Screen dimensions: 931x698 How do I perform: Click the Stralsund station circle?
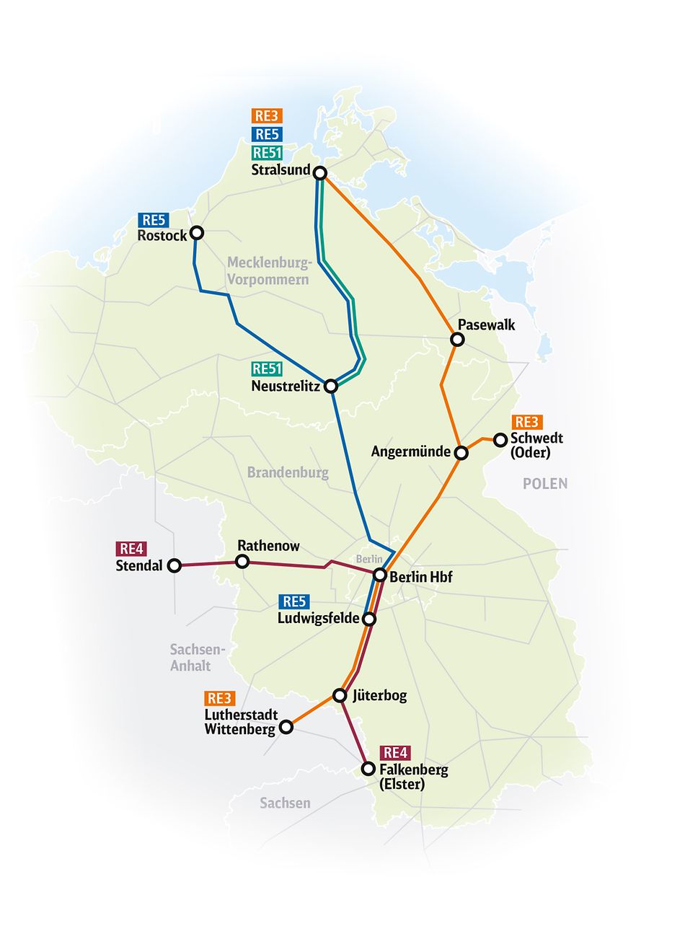point(321,173)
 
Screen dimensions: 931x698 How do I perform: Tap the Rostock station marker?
point(196,233)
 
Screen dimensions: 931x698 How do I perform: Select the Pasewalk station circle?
point(457,340)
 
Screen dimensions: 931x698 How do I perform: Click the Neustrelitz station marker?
point(331,387)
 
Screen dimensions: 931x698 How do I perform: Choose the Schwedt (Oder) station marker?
point(500,439)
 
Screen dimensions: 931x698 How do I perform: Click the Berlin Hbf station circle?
point(380,575)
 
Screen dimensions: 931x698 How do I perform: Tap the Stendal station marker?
point(174,566)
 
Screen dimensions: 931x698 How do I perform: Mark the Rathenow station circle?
point(243,562)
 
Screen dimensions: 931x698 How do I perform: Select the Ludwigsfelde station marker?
point(368,619)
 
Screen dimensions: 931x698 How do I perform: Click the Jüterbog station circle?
point(340,695)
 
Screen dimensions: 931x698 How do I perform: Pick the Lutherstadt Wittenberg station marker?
point(286,727)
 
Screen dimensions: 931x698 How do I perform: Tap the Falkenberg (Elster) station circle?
point(368,769)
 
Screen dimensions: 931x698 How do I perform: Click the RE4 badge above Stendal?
point(131,550)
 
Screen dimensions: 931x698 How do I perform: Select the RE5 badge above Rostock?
point(153,220)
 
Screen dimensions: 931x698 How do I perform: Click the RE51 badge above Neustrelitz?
point(267,369)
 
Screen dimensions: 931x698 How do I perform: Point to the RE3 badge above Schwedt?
point(526,422)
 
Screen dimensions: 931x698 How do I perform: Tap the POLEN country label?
point(545,484)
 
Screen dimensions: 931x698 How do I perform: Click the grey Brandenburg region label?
point(288,473)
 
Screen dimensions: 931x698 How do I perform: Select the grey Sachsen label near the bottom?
point(285,803)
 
